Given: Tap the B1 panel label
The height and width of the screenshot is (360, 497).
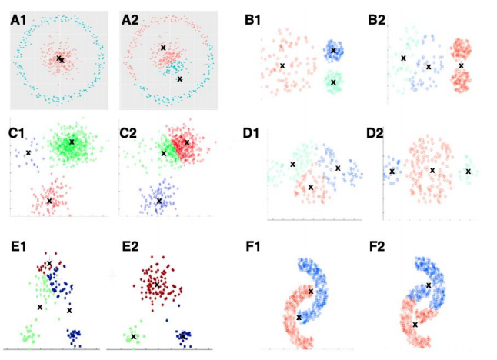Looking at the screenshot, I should tap(254, 20).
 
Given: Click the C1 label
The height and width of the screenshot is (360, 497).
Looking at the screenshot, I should tap(17, 132).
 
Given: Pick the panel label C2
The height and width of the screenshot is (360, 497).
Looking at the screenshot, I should tap(129, 132).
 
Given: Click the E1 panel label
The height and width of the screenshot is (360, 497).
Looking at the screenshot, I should tap(19, 248).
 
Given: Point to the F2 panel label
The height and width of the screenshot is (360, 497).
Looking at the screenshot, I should tap(378, 248).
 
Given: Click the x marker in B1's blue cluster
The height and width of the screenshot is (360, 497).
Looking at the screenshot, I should tap(333, 52).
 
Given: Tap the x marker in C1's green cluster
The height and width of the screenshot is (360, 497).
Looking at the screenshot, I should tap(72, 142).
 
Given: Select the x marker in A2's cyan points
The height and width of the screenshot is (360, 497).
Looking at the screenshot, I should tap(180, 78).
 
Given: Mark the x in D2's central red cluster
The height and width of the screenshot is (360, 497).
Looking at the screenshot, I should tap(432, 170).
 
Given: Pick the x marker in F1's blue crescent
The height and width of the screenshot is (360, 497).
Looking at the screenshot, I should tap(310, 291).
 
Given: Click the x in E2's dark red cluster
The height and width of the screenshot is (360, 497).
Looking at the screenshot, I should tap(157, 285).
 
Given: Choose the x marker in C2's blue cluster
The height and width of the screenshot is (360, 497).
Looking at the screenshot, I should tap(159, 201).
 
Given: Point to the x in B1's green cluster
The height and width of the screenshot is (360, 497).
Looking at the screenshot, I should tap(333, 82).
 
